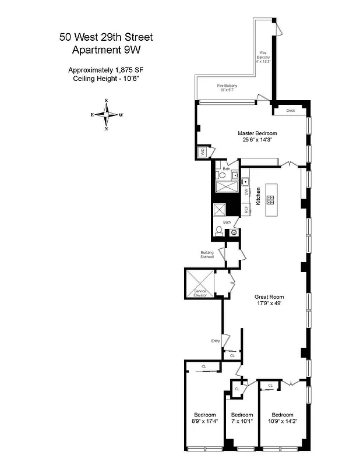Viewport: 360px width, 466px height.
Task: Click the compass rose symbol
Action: (x=106, y=114)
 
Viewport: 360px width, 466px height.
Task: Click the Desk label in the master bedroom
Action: (x=290, y=110)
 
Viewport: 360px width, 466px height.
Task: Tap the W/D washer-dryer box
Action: (x=203, y=152)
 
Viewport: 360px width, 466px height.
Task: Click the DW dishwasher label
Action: (x=246, y=191)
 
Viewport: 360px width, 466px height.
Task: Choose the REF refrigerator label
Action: (x=246, y=209)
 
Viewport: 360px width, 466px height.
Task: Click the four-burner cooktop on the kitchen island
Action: (x=270, y=200)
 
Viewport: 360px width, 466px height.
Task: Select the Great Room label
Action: (x=269, y=296)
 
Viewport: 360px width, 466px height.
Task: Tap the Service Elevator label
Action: (x=200, y=293)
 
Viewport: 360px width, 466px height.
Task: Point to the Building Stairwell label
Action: (x=206, y=255)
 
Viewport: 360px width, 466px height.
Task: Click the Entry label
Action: (x=216, y=341)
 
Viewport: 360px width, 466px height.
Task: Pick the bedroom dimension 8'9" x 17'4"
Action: (x=204, y=421)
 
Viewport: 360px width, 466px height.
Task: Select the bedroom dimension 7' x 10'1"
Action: (x=241, y=421)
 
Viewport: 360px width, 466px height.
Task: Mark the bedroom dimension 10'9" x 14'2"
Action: (x=283, y=421)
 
